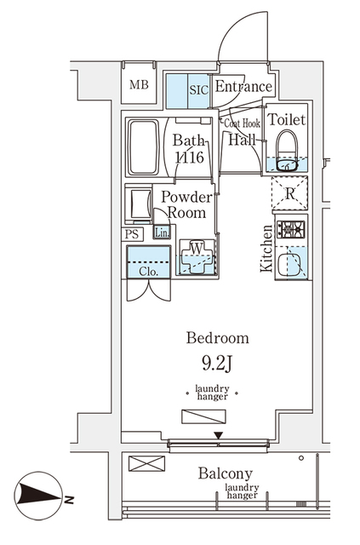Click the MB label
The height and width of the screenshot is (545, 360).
(139, 85)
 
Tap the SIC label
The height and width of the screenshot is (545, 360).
(199, 90)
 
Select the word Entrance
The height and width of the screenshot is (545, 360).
(243, 87)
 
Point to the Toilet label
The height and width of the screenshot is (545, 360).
(287, 119)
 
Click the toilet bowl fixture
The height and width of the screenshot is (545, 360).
(287, 152)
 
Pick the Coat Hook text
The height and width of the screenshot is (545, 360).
(242, 123)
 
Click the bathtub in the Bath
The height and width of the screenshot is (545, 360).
(143, 147)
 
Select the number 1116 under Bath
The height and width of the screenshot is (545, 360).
(190, 158)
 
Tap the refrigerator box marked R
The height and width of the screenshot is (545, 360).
(290, 193)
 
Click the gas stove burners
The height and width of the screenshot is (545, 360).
(291, 229)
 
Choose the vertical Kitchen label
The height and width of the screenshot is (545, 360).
(266, 249)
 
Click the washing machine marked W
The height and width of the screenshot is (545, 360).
(197, 257)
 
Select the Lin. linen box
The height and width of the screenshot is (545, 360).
(162, 232)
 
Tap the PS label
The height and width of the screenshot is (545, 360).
(132, 234)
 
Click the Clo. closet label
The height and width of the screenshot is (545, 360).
(149, 272)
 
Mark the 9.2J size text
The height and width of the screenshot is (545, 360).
(217, 364)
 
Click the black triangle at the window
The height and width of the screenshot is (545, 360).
(218, 435)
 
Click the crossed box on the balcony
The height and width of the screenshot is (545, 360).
(146, 463)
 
